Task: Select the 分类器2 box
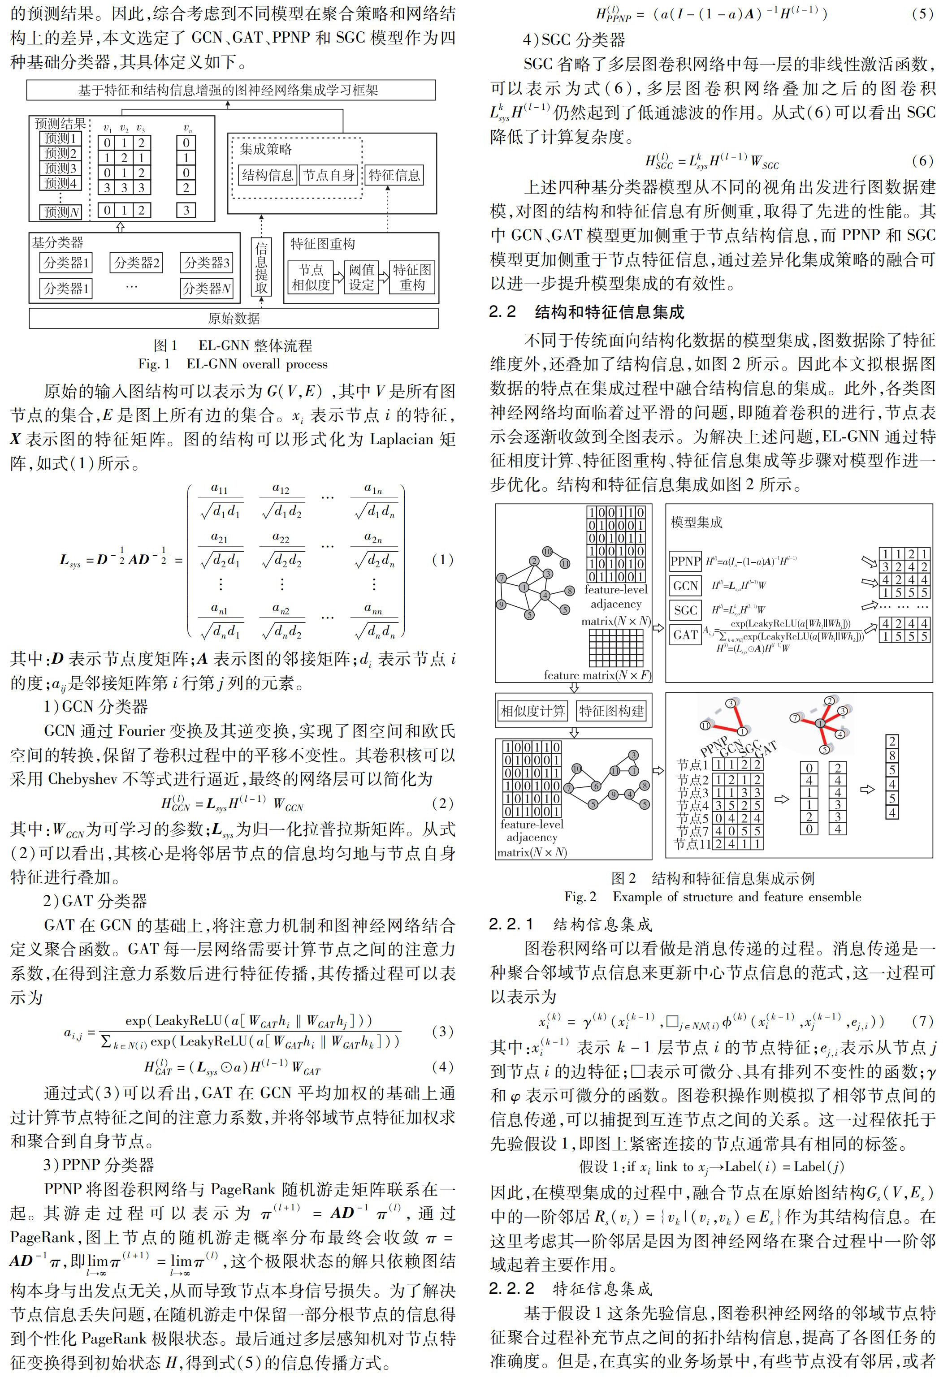[x=137, y=262]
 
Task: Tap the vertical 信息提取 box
[x=261, y=267]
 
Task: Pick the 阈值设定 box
[x=361, y=277]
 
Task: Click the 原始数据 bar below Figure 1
[x=234, y=318]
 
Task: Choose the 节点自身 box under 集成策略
[x=329, y=175]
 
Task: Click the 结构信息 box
[x=267, y=175]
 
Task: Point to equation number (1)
[x=442, y=559]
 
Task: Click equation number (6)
[x=922, y=160]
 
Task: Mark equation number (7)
[x=922, y=1021]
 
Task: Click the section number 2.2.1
[x=511, y=924]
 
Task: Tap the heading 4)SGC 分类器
[x=574, y=40]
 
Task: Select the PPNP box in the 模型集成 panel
[x=685, y=561]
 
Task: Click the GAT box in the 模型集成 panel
[x=685, y=635]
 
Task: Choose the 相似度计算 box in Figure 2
[x=532, y=711]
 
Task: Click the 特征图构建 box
[x=611, y=711]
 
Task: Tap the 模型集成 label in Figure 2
[x=696, y=522]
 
